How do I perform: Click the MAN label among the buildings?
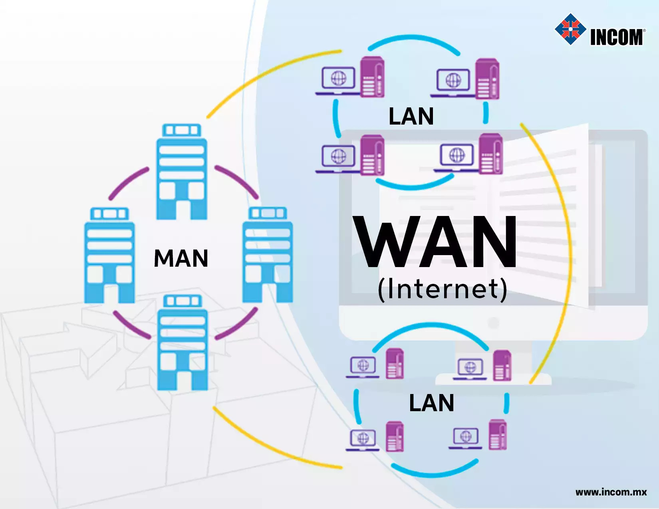tap(181, 258)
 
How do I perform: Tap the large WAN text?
tap(435, 242)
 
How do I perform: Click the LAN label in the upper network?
tap(411, 116)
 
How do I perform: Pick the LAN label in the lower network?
tap(432, 403)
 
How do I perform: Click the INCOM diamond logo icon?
tap(570, 29)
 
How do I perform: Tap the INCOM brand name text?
tap(617, 37)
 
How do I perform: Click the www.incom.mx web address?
tap(611, 492)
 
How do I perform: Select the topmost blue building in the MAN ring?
tap(182, 172)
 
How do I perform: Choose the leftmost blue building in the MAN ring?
tap(109, 255)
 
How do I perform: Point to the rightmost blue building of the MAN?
tap(268, 255)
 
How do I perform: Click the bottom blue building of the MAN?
tap(183, 342)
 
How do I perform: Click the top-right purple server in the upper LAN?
tap(487, 79)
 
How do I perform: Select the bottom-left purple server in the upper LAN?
tap(372, 155)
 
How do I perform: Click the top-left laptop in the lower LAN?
tap(363, 367)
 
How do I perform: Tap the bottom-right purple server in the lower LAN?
tap(498, 435)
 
